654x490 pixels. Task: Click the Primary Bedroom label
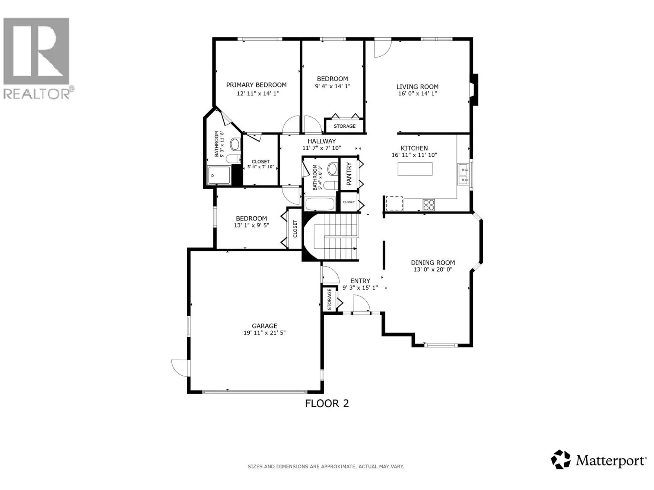click(x=256, y=85)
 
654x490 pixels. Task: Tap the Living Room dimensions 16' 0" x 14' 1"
click(x=417, y=94)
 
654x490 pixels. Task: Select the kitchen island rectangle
click(x=415, y=169)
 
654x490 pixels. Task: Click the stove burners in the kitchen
click(x=428, y=205)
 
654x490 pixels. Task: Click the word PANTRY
click(x=349, y=174)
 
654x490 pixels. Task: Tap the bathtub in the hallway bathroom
click(x=320, y=204)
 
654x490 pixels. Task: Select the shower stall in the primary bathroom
click(x=219, y=176)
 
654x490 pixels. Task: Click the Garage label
click(x=264, y=326)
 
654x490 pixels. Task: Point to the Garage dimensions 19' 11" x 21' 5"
click(x=264, y=333)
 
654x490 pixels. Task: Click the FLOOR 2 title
click(x=327, y=403)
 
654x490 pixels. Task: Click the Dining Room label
click(x=432, y=263)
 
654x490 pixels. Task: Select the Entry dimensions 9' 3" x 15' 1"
click(x=360, y=288)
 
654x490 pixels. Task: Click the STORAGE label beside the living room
click(x=345, y=126)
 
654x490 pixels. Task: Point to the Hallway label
click(x=322, y=141)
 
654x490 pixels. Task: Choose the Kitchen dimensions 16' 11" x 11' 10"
click(x=414, y=155)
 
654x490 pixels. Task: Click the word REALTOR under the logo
click(x=36, y=94)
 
